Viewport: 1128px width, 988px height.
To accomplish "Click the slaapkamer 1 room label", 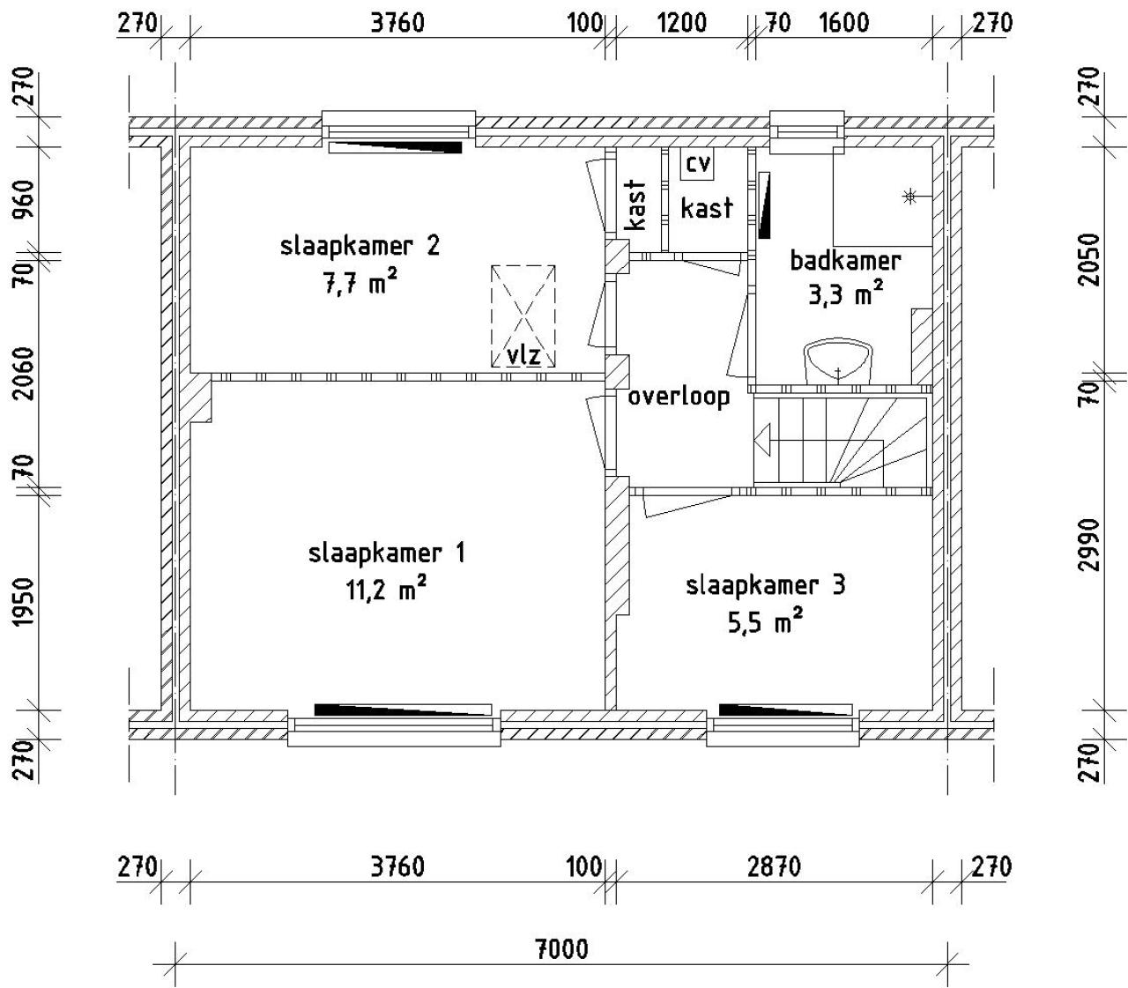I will [x=386, y=553].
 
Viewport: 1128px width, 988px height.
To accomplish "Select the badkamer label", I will [x=845, y=261].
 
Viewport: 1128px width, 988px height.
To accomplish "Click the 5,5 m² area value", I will [x=765, y=622].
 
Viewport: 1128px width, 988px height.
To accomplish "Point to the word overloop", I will [x=679, y=397].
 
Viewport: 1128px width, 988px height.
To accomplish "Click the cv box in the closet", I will [x=698, y=163].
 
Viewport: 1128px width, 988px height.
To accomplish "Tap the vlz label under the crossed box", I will [x=523, y=355].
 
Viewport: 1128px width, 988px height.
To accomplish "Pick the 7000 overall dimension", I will [x=561, y=949].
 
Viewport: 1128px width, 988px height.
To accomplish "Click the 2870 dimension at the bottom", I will [x=774, y=867].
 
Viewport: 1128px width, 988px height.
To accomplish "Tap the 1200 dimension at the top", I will [x=682, y=22].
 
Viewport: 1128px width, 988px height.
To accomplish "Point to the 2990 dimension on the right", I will [x=1090, y=545].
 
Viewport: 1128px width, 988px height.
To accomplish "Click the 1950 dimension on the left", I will [x=24, y=602].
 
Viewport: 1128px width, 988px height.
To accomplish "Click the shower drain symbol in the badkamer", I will [x=909, y=197].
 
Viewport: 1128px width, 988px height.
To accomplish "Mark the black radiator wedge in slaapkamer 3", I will [x=784, y=709].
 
